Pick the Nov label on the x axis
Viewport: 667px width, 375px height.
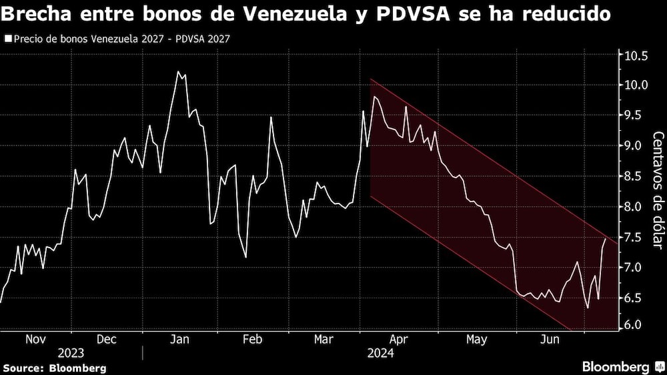[35, 339]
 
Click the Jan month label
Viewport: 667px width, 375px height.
[179, 339]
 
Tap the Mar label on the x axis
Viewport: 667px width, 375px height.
[324, 339]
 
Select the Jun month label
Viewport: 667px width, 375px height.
[548, 339]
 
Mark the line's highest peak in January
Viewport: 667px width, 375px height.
[177, 71]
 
